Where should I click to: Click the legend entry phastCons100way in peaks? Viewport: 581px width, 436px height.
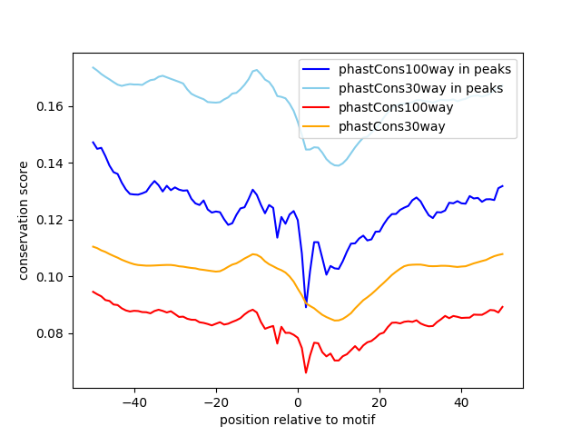[424, 69]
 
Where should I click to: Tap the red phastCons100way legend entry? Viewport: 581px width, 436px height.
[396, 107]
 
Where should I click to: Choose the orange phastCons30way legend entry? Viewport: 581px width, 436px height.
[392, 126]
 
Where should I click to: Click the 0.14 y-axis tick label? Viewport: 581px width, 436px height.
[52, 163]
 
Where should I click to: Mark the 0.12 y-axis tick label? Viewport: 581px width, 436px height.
[52, 220]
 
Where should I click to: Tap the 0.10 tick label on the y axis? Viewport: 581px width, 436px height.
[52, 277]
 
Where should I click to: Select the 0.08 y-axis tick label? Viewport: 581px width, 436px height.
[52, 333]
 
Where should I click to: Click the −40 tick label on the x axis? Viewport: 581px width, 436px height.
[133, 402]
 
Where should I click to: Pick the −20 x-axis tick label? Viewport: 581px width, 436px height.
[215, 402]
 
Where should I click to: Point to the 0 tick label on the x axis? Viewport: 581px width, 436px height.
[298, 402]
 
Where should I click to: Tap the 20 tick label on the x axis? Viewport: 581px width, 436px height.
[379, 402]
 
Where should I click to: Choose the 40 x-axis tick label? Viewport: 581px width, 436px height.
[461, 402]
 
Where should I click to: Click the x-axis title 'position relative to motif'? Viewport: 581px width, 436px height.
[297, 420]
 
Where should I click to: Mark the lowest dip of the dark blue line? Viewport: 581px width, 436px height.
[306, 307]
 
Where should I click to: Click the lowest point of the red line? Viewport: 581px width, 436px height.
[306, 372]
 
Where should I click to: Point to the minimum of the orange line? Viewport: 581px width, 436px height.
[336, 321]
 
